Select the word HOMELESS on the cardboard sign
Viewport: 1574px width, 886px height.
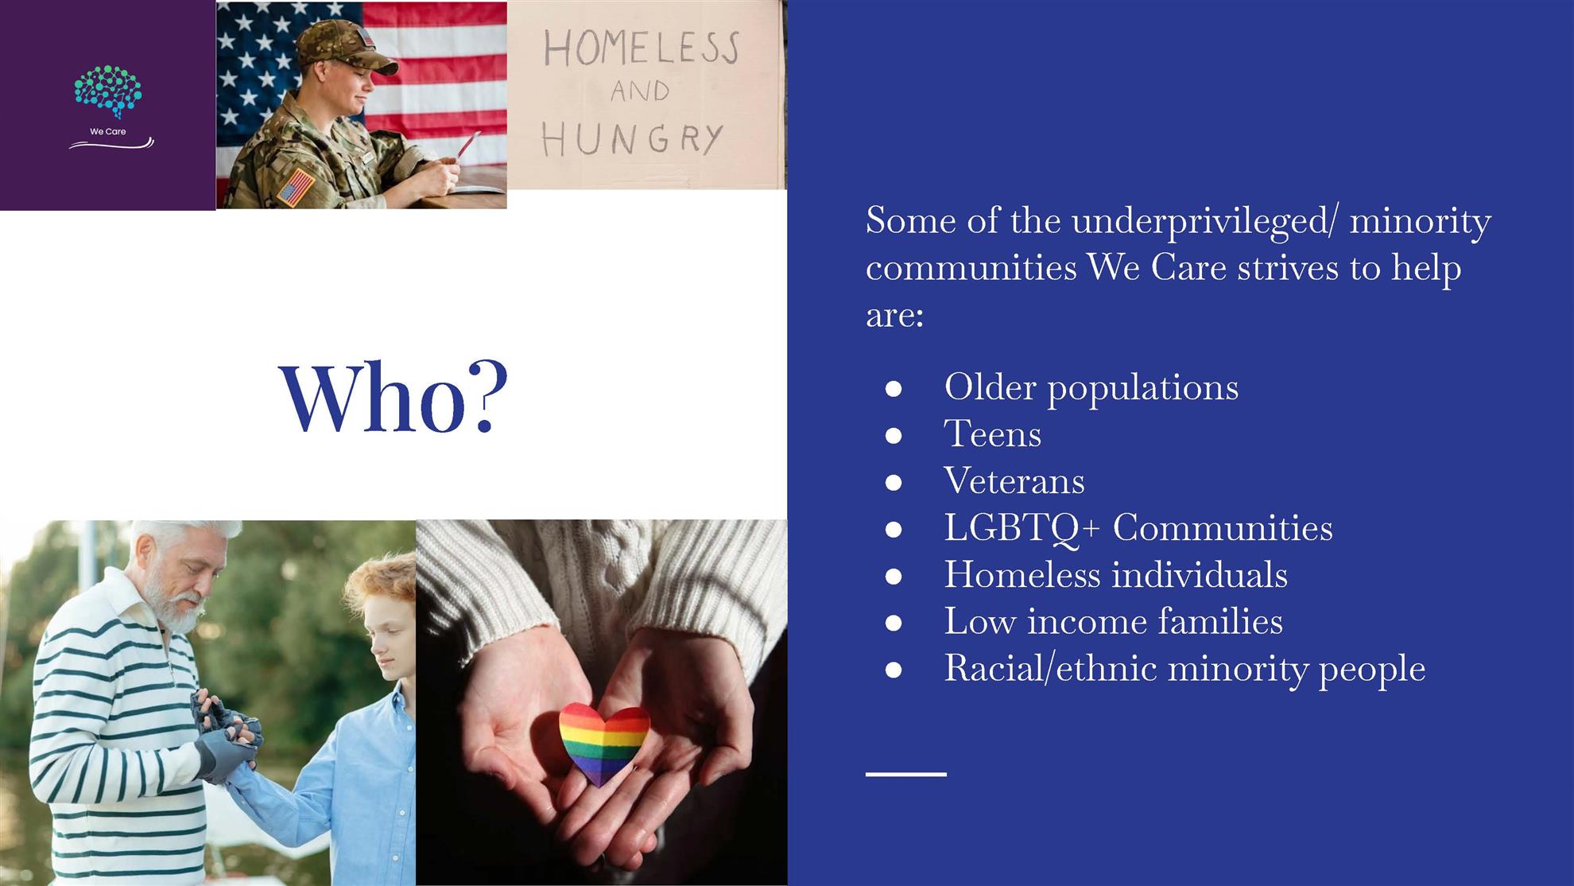pos(641,49)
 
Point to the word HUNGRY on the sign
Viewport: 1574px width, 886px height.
pos(633,140)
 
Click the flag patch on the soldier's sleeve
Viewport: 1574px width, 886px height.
pos(296,188)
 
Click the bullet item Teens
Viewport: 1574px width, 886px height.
pos(992,434)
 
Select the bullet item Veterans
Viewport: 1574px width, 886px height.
pos(1014,481)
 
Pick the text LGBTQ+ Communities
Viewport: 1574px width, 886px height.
pos(1138,528)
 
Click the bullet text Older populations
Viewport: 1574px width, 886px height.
pos(1091,388)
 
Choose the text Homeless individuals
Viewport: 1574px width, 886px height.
pos(1115,575)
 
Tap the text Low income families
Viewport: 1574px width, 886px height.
pos(1113,621)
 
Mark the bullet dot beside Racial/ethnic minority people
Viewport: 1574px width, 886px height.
pos(894,670)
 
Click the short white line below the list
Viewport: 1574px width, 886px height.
pos(906,774)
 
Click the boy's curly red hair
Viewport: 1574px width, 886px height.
pos(382,588)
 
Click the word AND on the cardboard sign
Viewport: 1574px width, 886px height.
pos(640,91)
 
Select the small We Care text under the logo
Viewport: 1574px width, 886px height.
pos(108,132)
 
